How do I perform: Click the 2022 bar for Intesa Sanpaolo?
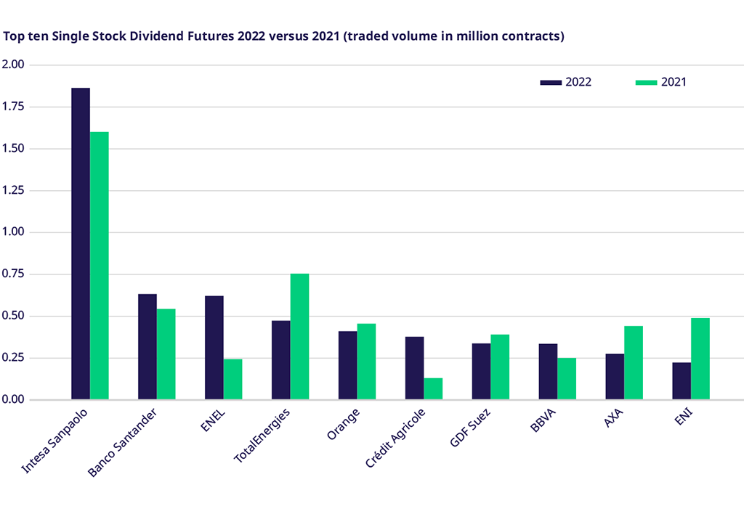(x=81, y=243)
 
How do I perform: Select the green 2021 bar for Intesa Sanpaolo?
(x=100, y=266)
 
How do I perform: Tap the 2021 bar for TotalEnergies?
(x=299, y=336)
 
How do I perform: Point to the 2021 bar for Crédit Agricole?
(x=433, y=388)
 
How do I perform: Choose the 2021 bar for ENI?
(x=700, y=359)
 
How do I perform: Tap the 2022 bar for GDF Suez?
(x=481, y=371)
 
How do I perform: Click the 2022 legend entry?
(x=566, y=82)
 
